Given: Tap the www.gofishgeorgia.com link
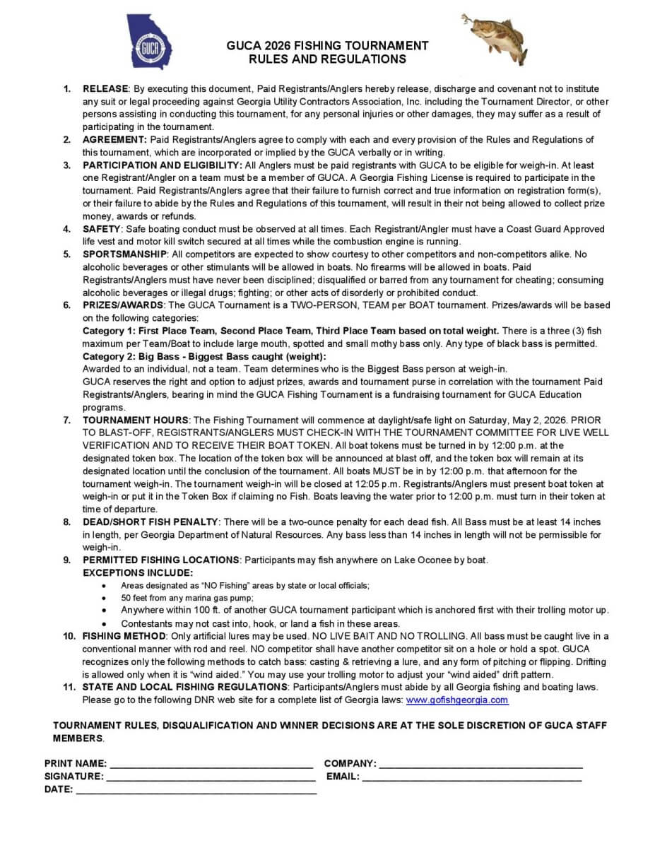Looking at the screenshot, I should [x=457, y=700].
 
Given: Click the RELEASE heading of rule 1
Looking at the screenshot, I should [x=105, y=88].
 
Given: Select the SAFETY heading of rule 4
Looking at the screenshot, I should [x=102, y=229].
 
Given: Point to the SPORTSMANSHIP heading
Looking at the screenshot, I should [x=125, y=254].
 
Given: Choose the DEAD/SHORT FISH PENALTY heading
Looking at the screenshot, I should [x=151, y=522].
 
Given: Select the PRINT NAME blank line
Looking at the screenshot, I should [x=211, y=764].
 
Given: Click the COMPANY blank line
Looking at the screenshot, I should [x=480, y=764].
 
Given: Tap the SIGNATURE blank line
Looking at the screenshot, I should [x=211, y=777].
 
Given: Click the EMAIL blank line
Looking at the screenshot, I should [x=472, y=777].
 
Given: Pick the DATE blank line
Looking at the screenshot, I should [x=196, y=789].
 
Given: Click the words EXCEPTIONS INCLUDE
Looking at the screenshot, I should [x=138, y=572].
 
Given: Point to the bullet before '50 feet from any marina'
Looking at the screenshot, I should [x=105, y=598].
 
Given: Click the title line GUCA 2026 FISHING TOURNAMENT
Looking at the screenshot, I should [x=327, y=46].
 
